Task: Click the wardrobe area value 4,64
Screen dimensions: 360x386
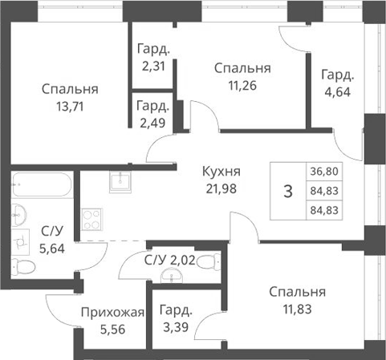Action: click(x=338, y=91)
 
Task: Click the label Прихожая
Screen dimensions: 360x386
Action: click(x=113, y=312)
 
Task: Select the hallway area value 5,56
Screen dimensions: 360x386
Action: click(x=113, y=329)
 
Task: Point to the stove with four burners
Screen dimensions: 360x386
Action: click(x=92, y=220)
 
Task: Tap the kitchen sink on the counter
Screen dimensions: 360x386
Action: click(x=120, y=179)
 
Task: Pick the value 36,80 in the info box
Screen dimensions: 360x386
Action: click(x=323, y=172)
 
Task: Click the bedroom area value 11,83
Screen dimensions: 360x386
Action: click(x=297, y=308)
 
